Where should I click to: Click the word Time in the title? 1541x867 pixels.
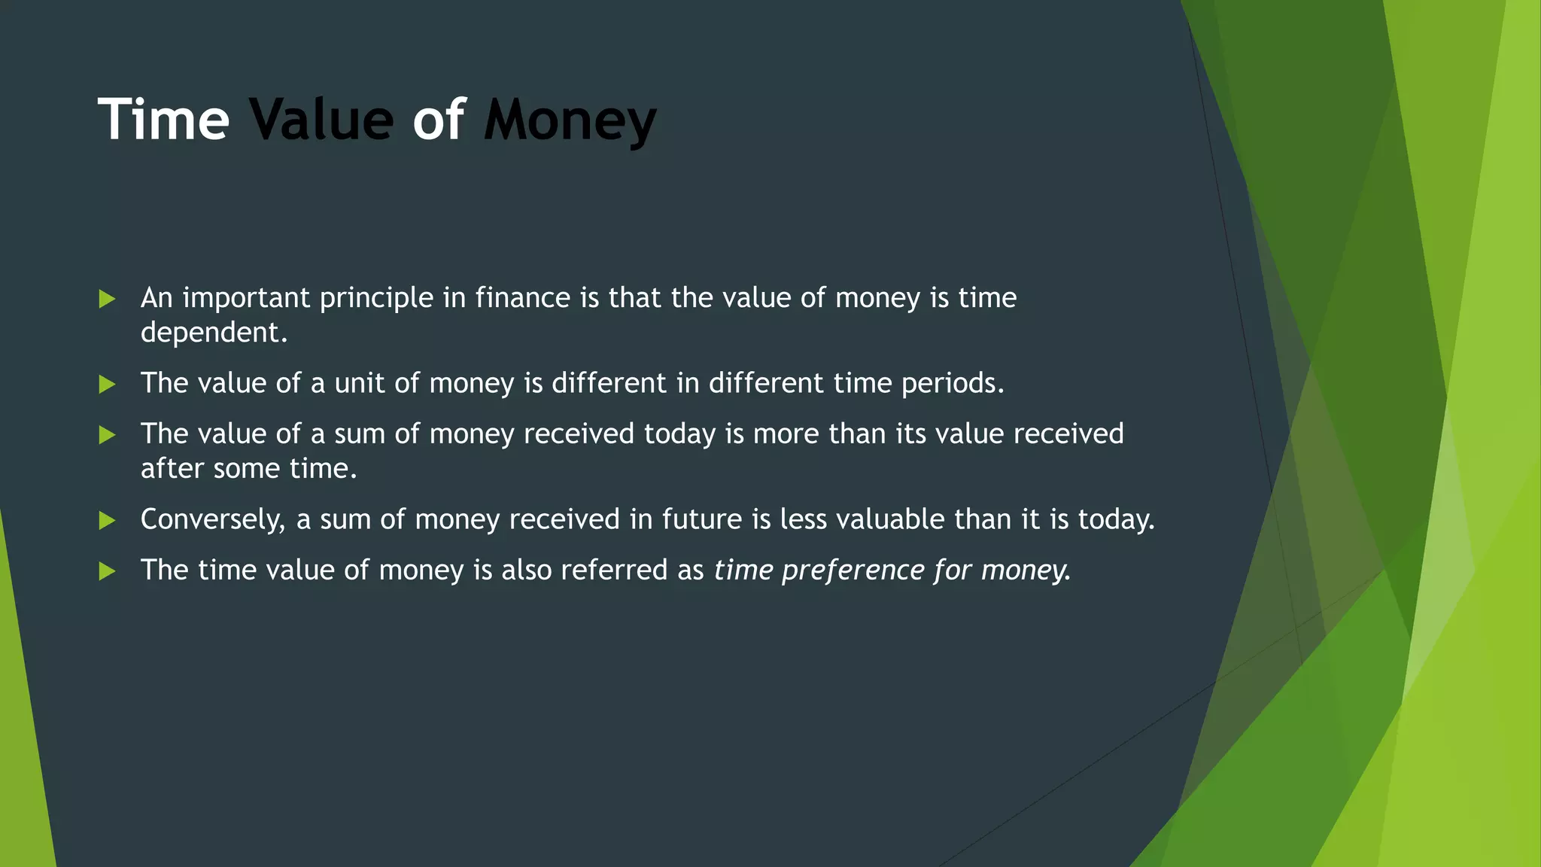point(163,120)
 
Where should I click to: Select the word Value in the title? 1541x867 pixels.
point(321,120)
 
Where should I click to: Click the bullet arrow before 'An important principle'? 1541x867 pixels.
point(107,299)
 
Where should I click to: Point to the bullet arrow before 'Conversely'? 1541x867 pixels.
point(107,520)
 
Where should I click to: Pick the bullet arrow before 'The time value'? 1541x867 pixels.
point(107,570)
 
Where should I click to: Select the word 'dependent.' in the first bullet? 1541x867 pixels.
point(214,333)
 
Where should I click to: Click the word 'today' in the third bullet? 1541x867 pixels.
point(679,435)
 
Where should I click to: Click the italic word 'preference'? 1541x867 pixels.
point(853,570)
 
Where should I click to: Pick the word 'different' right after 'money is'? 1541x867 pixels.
point(609,383)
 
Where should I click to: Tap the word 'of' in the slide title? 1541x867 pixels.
point(438,120)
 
